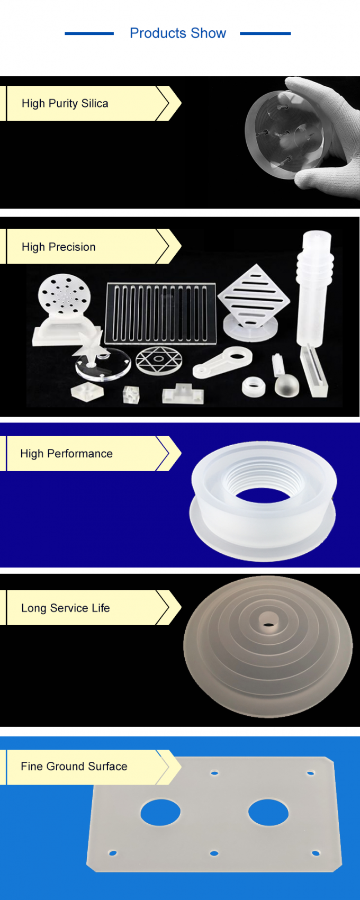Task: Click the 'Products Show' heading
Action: (x=178, y=33)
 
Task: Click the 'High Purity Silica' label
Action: (x=65, y=103)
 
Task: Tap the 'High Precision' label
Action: (x=59, y=247)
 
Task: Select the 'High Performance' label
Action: (x=66, y=454)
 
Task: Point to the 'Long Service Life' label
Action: (x=66, y=608)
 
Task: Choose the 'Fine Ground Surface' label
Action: (x=74, y=766)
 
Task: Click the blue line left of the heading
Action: (x=89, y=33)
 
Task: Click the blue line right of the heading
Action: (x=265, y=33)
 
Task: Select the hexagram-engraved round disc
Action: (x=159, y=361)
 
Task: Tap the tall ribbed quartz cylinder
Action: (x=314, y=286)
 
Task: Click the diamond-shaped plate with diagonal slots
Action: (x=254, y=296)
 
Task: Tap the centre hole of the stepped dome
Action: (x=268, y=622)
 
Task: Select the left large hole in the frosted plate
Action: (x=160, y=812)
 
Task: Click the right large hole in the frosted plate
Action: (x=268, y=812)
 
